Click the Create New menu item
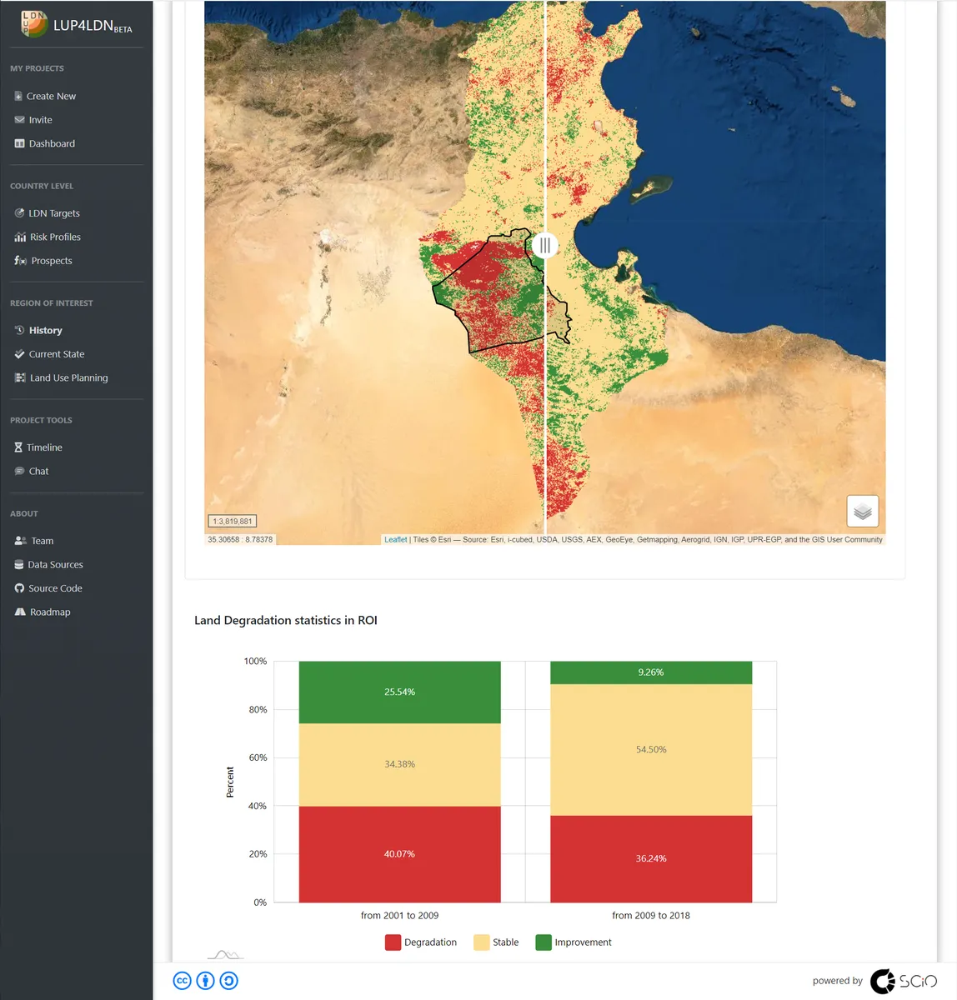pos(51,96)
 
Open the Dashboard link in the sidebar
pos(52,143)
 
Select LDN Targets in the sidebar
pos(54,213)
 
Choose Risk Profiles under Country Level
pos(55,237)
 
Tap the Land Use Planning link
pos(68,377)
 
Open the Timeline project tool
pos(44,447)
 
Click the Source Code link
pos(55,588)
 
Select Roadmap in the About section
pos(50,612)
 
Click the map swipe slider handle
pos(544,245)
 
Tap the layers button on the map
pos(863,511)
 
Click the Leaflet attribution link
pos(396,539)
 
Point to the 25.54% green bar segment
pos(399,692)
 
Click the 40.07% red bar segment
pos(399,854)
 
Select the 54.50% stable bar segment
pos(651,750)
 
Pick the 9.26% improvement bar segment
pos(651,672)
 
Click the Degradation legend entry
pos(421,942)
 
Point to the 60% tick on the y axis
pos(258,757)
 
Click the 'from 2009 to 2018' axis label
pos(651,915)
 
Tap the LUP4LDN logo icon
pos(34,24)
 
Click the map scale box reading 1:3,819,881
pos(232,521)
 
